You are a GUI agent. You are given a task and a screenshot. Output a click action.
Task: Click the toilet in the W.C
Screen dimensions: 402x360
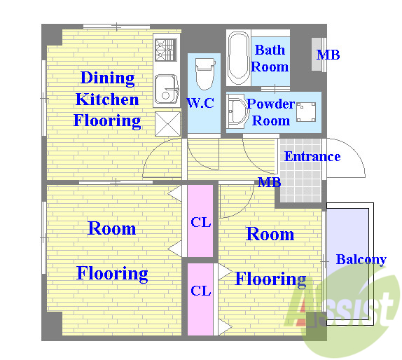pos(205,74)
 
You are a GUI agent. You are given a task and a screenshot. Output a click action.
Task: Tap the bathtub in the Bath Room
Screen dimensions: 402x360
pos(238,58)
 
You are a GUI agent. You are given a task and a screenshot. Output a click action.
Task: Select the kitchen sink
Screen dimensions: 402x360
pos(167,89)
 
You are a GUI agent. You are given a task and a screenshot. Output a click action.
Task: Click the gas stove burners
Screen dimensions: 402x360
pos(166,50)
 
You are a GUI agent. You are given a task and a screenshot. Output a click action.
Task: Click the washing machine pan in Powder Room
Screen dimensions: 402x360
pos(306,112)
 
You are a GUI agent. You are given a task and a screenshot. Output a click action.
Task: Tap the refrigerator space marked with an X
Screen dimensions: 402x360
pos(168,124)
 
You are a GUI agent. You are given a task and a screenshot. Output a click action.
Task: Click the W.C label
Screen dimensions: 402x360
pos(200,103)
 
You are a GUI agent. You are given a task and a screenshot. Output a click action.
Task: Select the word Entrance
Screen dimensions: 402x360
pos(312,156)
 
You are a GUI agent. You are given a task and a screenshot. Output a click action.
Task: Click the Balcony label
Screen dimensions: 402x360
pos(361,259)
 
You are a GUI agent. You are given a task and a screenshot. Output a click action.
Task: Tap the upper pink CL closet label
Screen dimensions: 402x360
pos(201,222)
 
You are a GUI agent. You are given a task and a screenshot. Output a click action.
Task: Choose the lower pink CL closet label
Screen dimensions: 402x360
pos(201,291)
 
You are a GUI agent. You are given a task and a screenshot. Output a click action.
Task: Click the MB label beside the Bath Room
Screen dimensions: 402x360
pos(328,55)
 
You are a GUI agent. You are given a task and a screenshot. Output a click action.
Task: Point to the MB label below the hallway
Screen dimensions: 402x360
pos(269,182)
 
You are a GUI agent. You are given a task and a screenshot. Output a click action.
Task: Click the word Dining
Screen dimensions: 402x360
pos(107,78)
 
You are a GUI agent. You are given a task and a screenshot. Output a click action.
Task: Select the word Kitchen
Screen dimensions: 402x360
pos(107,99)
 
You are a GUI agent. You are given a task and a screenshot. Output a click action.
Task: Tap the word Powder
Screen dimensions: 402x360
pos(271,104)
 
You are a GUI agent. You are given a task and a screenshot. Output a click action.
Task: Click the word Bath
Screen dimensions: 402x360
pos(270,50)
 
